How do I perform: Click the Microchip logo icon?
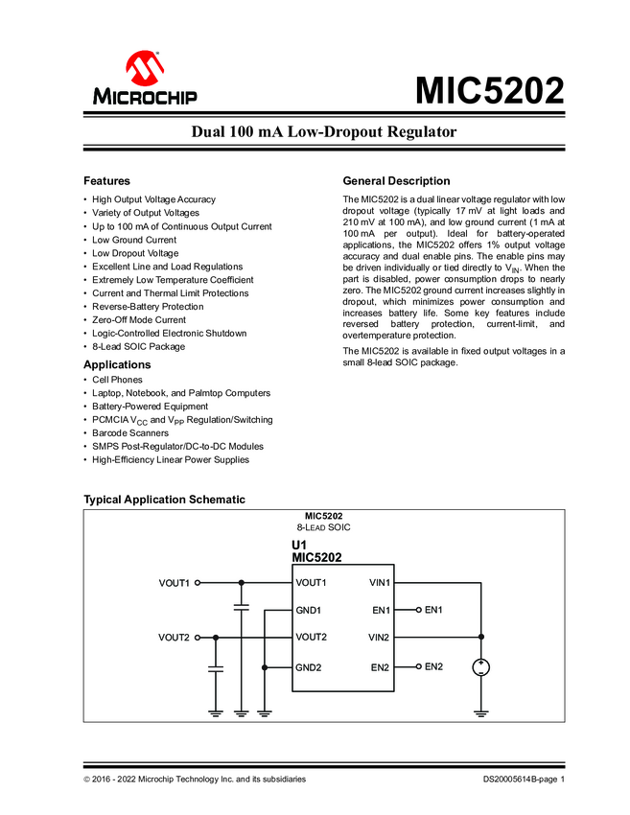[145, 69]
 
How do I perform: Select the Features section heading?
[106, 181]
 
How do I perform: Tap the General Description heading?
[396, 181]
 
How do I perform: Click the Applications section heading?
[117, 365]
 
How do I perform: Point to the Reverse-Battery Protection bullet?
[148, 307]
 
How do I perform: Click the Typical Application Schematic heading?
[164, 500]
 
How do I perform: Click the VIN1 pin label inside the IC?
[379, 582]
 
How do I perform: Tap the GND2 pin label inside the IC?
[310, 666]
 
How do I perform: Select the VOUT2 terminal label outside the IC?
[174, 638]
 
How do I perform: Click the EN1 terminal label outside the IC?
[433, 610]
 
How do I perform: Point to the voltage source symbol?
[480, 667]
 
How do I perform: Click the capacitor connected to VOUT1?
[241, 607]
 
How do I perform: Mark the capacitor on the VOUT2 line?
[216, 665]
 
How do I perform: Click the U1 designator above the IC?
[299, 545]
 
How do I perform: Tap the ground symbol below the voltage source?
[480, 712]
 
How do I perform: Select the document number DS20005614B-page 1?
[524, 780]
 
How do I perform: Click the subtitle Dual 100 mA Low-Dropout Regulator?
[324, 131]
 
